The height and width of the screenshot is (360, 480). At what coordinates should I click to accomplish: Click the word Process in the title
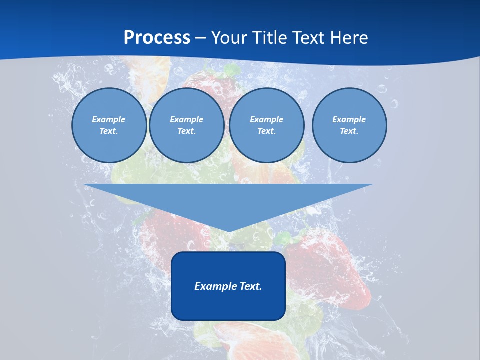pyautogui.click(x=157, y=38)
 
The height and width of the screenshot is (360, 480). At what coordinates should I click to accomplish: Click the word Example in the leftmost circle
pyautogui.click(x=108, y=119)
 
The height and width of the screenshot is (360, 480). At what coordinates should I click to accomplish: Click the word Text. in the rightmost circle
pyautogui.click(x=349, y=131)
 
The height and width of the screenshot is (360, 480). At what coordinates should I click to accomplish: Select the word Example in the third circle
pyautogui.click(x=266, y=119)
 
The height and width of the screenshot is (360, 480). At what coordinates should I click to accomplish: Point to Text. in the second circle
pyautogui.click(x=186, y=131)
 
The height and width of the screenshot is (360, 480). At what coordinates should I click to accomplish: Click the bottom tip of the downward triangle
pyautogui.click(x=228, y=231)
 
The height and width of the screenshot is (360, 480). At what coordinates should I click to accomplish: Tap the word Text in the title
pyautogui.click(x=307, y=38)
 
